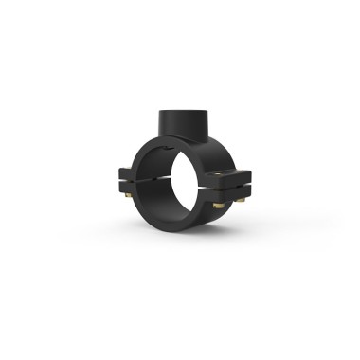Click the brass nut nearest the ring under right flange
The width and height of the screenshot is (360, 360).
(216, 205)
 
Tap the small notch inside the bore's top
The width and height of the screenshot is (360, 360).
(176, 153)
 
